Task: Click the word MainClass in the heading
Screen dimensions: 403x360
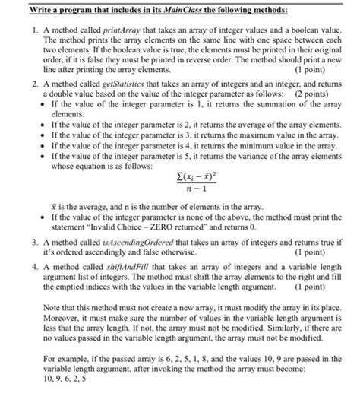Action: [x=178, y=8]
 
